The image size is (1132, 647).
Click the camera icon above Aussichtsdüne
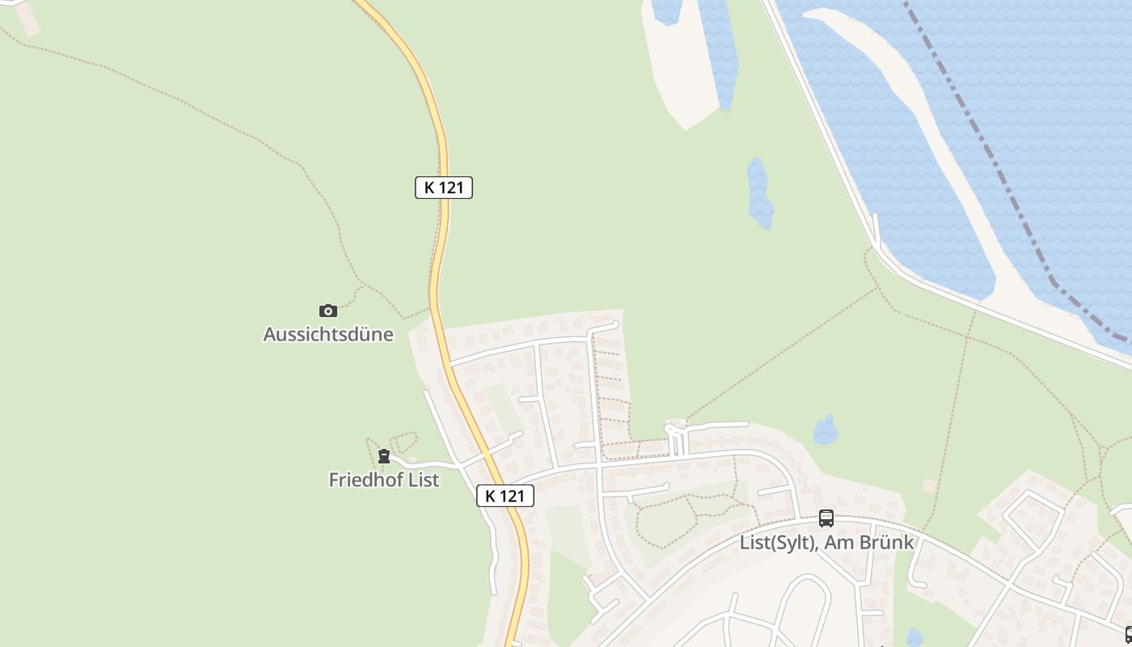(327, 311)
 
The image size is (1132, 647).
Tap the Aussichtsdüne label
(328, 334)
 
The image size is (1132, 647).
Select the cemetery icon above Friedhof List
(384, 456)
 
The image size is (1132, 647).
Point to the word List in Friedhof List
(424, 480)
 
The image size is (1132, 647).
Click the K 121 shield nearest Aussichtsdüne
(444, 188)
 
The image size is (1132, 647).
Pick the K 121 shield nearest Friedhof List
(505, 496)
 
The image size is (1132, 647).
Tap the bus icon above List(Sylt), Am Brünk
(826, 518)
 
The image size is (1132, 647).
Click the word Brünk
(888, 542)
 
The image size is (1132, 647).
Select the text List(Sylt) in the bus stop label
(775, 542)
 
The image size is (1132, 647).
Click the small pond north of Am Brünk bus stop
(825, 431)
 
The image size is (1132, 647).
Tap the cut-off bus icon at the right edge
(1128, 635)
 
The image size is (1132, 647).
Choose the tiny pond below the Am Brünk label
(914, 637)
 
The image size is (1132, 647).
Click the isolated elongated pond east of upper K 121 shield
(759, 194)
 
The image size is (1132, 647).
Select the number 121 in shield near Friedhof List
(512, 496)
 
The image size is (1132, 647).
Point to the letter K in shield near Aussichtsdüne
(429, 188)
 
